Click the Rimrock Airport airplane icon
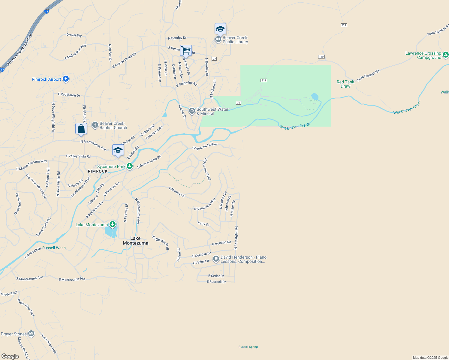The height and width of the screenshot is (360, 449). click(x=66, y=79)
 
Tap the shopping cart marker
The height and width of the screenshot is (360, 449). click(x=186, y=50)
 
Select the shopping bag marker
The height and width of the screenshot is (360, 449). click(x=81, y=129)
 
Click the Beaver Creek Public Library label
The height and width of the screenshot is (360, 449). click(x=235, y=40)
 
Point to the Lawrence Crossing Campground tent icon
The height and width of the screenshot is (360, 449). click(x=446, y=55)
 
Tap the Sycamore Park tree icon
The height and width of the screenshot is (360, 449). click(x=129, y=166)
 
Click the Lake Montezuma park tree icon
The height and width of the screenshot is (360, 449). click(x=113, y=224)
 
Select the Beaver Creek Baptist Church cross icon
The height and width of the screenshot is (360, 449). click(x=95, y=125)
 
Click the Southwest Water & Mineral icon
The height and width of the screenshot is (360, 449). click(x=192, y=111)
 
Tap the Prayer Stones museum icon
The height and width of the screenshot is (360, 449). click(x=31, y=334)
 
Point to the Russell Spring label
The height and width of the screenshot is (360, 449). click(x=248, y=347)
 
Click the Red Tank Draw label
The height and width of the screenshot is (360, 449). click(x=345, y=84)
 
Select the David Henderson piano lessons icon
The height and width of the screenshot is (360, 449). click(x=216, y=259)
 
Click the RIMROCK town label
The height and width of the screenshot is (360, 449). click(x=98, y=171)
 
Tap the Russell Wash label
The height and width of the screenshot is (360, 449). click(x=54, y=248)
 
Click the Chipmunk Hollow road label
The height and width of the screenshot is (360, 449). click(x=205, y=146)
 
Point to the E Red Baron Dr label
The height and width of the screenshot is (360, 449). click(x=69, y=95)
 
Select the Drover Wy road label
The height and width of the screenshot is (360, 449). click(x=74, y=35)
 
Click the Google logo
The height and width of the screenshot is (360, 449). click(x=10, y=356)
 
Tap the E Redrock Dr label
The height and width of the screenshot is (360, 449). click(x=216, y=282)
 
